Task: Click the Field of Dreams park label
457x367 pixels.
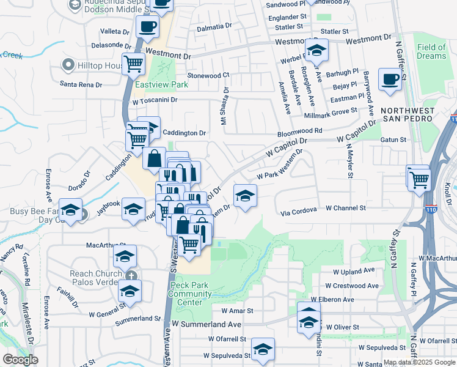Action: coord(431,51)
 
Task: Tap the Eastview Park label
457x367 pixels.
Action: coord(153,85)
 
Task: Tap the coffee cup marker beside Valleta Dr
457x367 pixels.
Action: coord(148,28)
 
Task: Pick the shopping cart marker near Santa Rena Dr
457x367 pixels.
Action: coord(133,63)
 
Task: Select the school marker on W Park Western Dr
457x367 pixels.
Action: coord(245,196)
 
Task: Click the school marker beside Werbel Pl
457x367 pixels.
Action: coord(316,51)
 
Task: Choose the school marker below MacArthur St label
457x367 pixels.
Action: coord(125,258)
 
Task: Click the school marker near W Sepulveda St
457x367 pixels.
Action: coord(263,349)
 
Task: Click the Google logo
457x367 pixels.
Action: coord(20,360)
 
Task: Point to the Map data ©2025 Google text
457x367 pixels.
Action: coord(419,362)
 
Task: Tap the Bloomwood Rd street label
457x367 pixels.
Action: coord(299,131)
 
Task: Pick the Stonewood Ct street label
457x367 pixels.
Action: coord(208,75)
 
